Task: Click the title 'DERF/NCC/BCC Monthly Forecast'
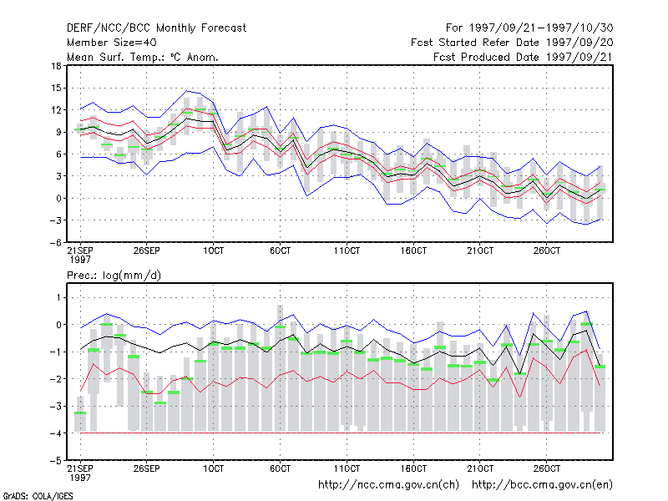[x=156, y=28]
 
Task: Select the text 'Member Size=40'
[x=112, y=43]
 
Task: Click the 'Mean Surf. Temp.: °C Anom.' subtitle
[x=142, y=57]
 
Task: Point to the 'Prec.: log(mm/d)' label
[x=114, y=276]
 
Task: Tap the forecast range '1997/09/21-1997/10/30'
[x=541, y=28]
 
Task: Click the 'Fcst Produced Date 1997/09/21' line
[x=524, y=57]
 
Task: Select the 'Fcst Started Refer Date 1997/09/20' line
[x=512, y=43]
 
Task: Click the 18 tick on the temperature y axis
[x=57, y=66]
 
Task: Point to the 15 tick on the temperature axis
[x=57, y=89]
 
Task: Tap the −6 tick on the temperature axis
[x=56, y=242]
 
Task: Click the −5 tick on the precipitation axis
[x=56, y=461]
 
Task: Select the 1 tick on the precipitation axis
[x=58, y=297]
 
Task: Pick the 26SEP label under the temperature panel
[x=147, y=250]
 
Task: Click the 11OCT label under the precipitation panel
[x=347, y=468]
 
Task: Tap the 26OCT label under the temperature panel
[x=547, y=250]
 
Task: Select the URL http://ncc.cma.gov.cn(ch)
[x=388, y=485]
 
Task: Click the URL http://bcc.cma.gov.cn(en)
[x=542, y=485]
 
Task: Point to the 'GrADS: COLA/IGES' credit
[x=38, y=496]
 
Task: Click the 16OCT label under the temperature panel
[x=413, y=250]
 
